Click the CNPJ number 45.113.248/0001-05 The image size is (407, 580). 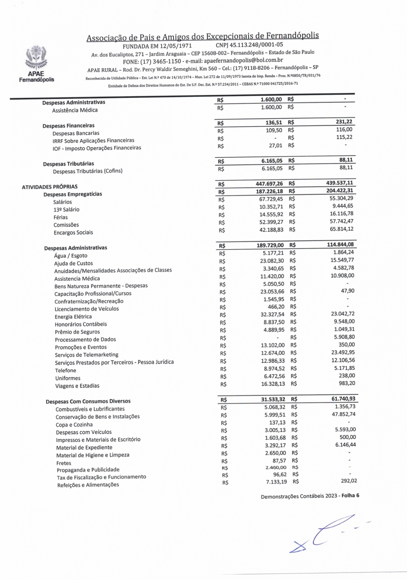pos(249,45)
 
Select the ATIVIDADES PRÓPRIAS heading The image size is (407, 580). pos(50,187)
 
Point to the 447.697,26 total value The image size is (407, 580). pos(269,183)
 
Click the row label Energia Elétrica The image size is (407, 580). pos(73,317)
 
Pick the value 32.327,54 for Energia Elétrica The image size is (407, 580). pos(272,314)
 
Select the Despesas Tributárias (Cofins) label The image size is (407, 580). pos(88,171)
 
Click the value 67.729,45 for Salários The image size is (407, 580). pos(271,199)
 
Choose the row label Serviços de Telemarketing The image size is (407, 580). pos(86,355)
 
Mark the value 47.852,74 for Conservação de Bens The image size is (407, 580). pos(344,414)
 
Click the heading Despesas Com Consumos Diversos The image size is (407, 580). pos(88,401)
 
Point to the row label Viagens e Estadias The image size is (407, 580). pos(77,386)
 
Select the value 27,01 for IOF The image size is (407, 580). pos(275,146)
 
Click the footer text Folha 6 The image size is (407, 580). pos(350,496)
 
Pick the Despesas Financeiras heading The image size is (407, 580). pos(69,125)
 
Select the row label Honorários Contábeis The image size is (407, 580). pos(81,324)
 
